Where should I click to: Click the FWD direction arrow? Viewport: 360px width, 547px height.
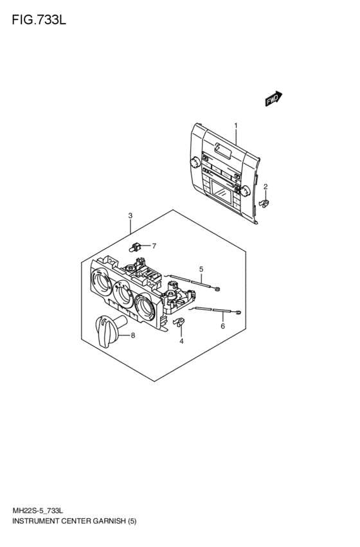pos(273,99)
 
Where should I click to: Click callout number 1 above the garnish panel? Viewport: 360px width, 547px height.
pos(236,125)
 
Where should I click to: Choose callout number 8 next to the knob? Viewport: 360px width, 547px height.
pos(133,336)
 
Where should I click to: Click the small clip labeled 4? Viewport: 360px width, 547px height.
pos(179,322)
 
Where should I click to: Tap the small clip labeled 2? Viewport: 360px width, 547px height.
pos(264,202)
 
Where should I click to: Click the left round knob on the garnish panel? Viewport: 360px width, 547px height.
pos(195,162)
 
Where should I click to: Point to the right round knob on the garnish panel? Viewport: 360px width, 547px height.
pos(245,190)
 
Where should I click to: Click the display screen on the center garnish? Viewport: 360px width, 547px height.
pos(222,193)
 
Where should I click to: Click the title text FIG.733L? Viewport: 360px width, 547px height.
pos(39,20)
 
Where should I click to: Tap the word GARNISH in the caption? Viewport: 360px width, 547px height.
pos(109,521)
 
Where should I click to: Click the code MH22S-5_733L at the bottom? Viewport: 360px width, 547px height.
pos(38,512)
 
